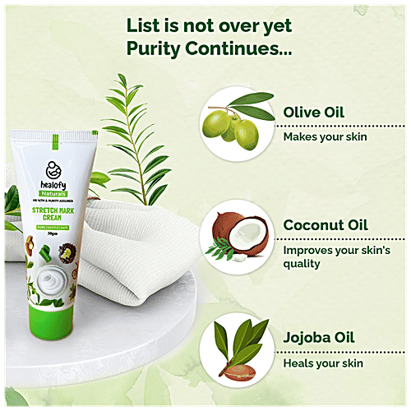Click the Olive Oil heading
(x=316, y=112)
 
